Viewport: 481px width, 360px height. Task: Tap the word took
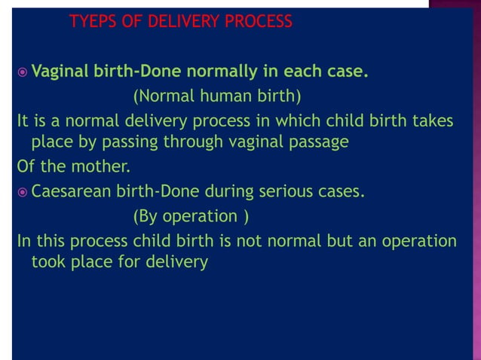47,262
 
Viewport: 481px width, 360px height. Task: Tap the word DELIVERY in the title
175,21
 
